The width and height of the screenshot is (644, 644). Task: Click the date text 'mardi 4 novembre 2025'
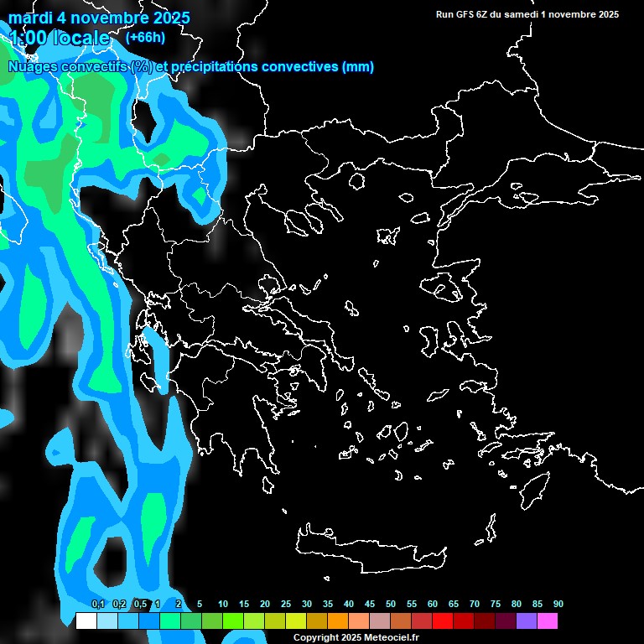click(99, 18)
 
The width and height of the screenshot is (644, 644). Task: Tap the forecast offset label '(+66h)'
click(145, 37)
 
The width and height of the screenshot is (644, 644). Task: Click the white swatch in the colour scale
click(86, 621)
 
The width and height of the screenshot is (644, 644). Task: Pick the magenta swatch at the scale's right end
click(547, 621)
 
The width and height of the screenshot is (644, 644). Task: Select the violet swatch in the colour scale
click(526, 621)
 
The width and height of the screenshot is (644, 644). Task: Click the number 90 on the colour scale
click(558, 605)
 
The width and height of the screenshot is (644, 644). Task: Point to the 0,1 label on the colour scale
click(98, 605)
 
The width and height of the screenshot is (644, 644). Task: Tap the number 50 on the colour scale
click(391, 605)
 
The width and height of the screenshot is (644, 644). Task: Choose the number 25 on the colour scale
click(286, 605)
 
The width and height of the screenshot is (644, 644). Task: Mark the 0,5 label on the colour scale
click(140, 605)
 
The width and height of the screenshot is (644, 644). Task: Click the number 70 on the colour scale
click(475, 605)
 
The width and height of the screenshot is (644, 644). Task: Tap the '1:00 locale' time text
click(59, 38)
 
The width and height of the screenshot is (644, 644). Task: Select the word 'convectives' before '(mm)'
click(302, 67)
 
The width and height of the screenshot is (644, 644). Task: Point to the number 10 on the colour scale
click(223, 605)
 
